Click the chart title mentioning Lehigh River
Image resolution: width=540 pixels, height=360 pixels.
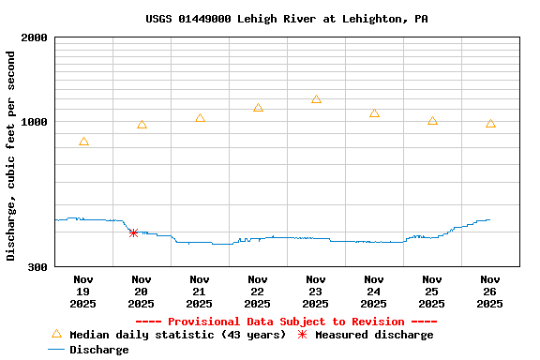tap(287, 19)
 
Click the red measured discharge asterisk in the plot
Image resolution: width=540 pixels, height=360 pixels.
tap(133, 232)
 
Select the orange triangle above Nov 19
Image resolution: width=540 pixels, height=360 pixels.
tap(83, 142)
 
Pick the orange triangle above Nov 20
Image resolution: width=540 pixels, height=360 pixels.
tap(142, 125)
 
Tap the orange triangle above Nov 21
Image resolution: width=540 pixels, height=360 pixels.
tap(200, 118)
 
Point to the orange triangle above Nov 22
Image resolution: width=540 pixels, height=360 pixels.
tap(258, 108)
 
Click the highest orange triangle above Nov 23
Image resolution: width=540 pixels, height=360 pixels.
tap(316, 98)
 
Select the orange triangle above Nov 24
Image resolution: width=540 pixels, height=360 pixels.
tap(374, 113)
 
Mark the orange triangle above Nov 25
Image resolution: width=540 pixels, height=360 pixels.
tap(432, 121)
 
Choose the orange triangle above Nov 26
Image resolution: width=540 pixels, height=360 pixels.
tap(490, 124)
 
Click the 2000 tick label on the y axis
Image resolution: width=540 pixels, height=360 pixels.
tap(35, 37)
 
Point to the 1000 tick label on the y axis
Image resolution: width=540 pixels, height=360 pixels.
tap(35, 122)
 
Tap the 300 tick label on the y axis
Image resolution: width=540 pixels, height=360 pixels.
tap(37, 267)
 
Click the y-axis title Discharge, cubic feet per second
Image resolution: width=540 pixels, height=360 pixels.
tap(11, 156)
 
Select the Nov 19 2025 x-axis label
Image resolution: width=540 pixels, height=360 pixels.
tap(83, 292)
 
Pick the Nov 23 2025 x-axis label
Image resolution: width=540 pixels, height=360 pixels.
tap(316, 292)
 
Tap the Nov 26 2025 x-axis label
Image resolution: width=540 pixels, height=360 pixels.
tap(490, 292)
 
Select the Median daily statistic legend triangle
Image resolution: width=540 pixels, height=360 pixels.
tap(56, 334)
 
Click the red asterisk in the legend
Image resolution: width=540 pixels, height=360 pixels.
tap(302, 335)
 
